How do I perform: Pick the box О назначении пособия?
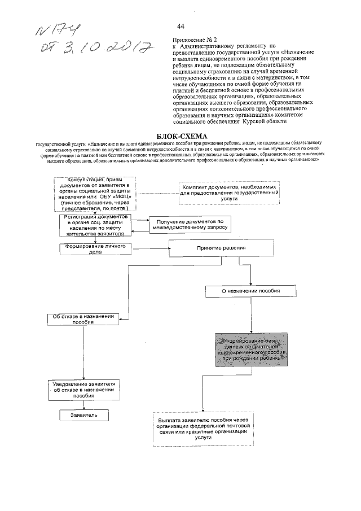tap(250, 291)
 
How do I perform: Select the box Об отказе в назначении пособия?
tap(83, 320)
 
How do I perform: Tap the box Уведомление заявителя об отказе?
tap(83, 390)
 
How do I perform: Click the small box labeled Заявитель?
tap(84, 414)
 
